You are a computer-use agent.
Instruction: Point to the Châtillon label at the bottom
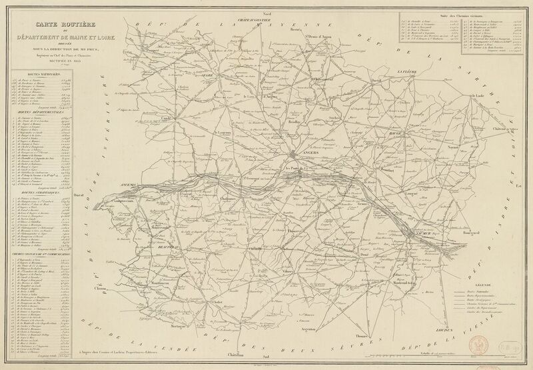235,354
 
